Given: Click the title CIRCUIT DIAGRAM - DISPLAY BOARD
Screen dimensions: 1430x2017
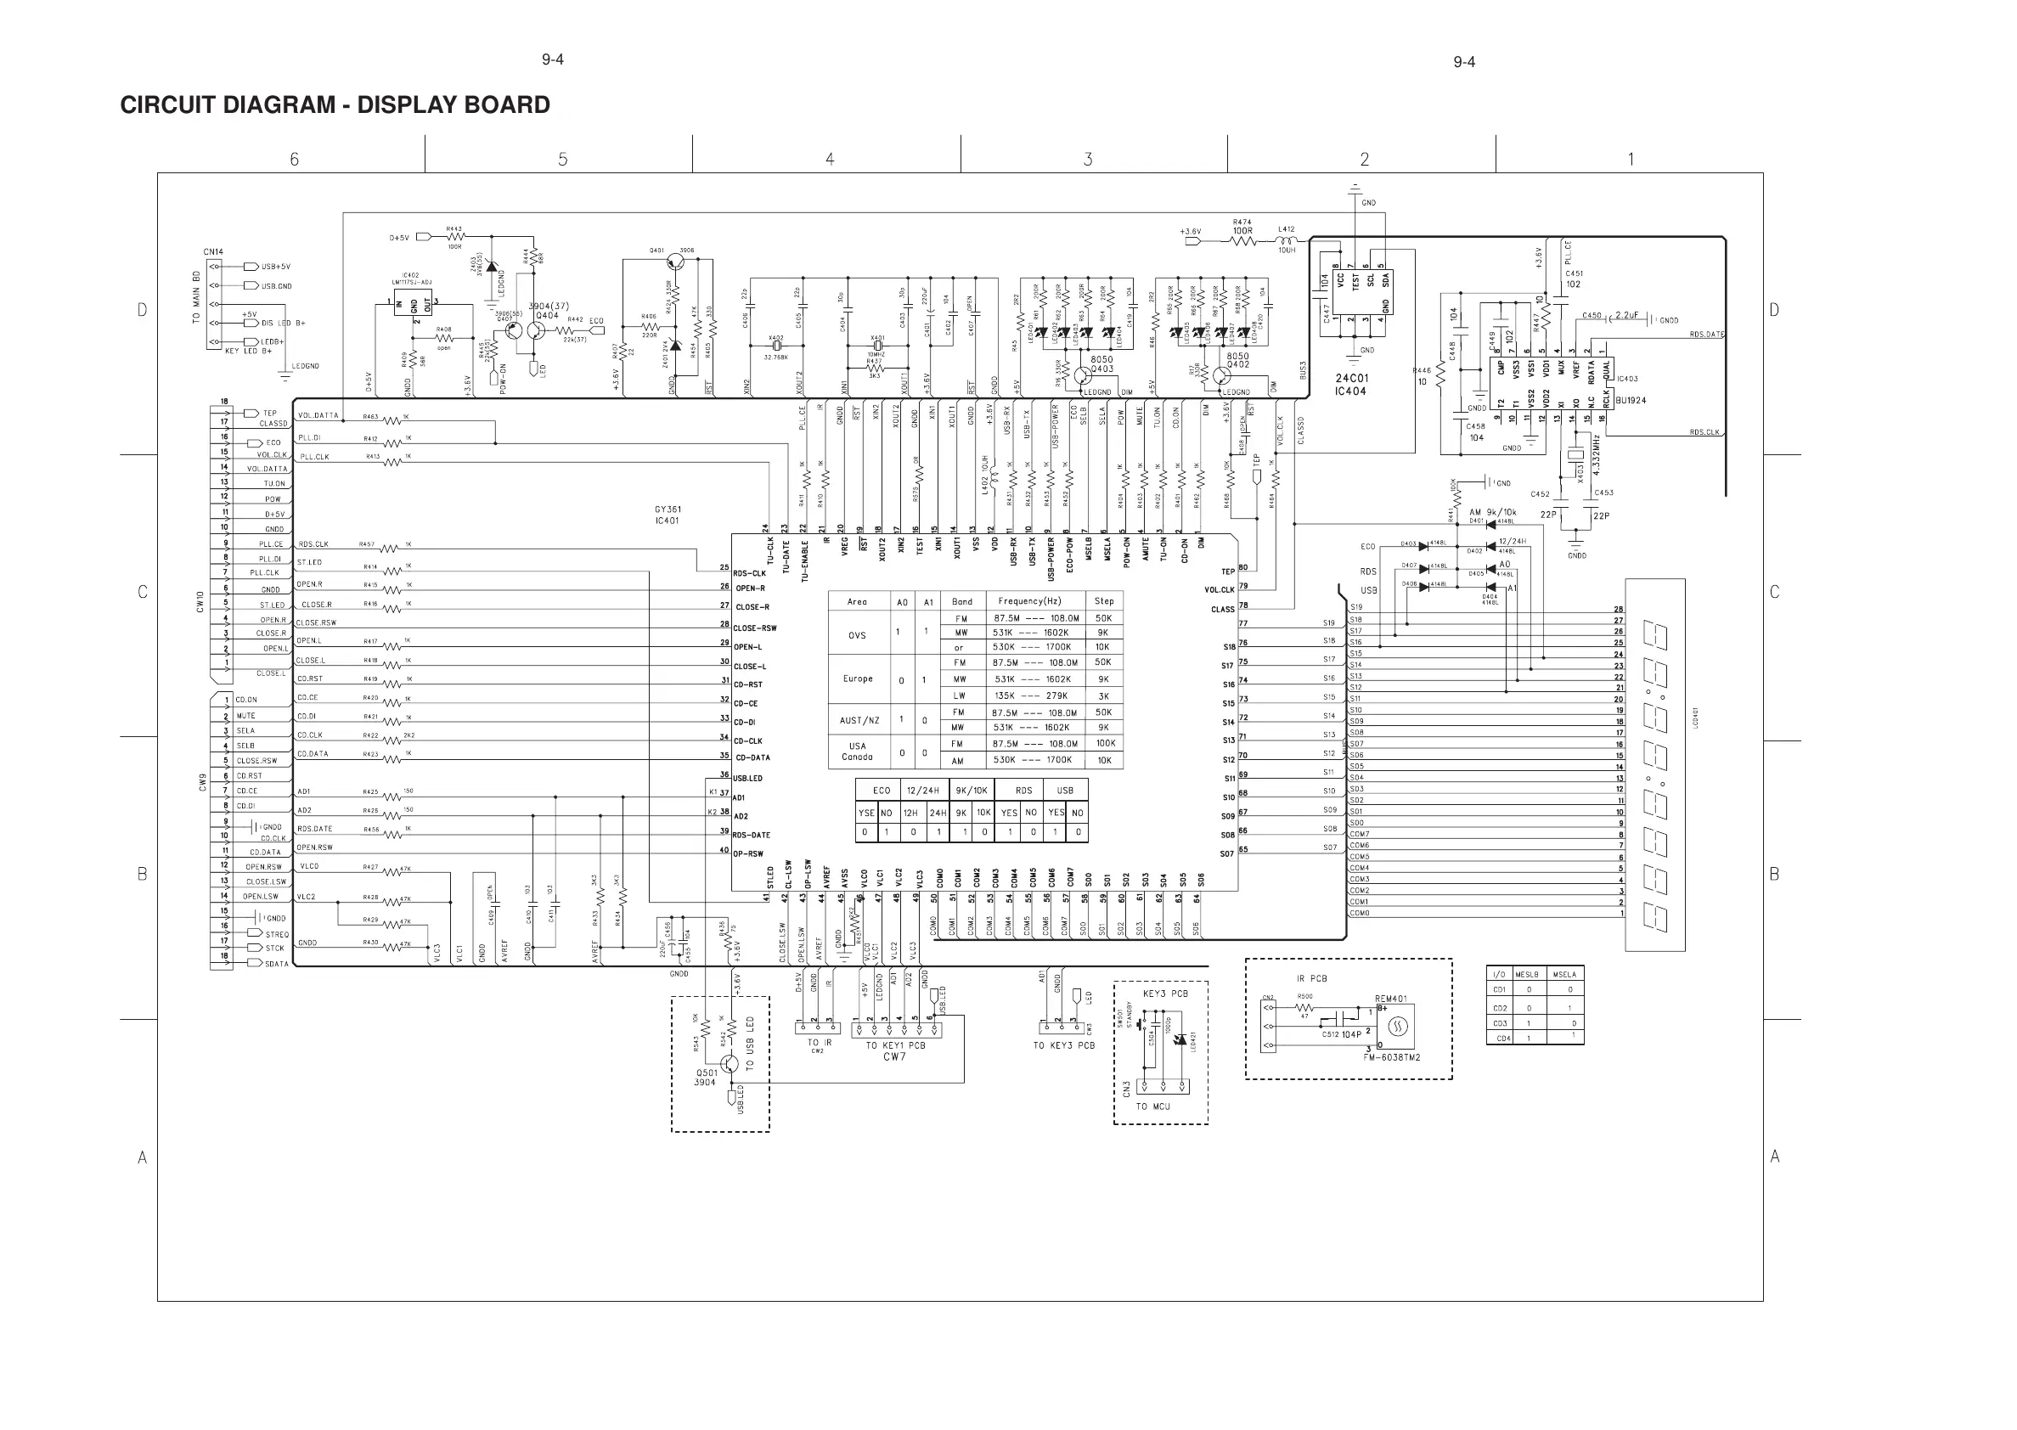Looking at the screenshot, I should [x=335, y=104].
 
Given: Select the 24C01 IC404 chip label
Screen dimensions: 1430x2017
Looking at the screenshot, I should [x=1350, y=385].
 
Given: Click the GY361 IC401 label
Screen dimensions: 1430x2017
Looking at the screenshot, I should [x=668, y=515].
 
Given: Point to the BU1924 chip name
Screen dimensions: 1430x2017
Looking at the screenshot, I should [x=1631, y=401].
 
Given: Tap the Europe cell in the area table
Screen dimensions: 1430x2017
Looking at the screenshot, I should [x=857, y=678].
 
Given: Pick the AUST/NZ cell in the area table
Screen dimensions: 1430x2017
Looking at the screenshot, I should [x=859, y=720].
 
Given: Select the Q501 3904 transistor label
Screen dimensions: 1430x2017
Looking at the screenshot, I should [x=706, y=1077].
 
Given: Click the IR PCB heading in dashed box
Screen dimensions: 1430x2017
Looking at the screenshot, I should [x=1311, y=978].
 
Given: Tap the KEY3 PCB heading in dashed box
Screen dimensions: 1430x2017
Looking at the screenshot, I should [x=1165, y=994].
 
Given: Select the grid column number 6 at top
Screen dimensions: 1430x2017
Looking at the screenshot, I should [x=294, y=160].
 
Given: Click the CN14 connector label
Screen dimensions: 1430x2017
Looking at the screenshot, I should [x=213, y=252].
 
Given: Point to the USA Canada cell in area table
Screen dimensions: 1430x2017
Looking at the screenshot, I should [x=857, y=752].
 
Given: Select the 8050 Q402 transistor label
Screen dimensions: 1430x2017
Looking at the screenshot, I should [x=1237, y=360].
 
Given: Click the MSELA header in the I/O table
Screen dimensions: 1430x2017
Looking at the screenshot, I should [x=1563, y=974].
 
